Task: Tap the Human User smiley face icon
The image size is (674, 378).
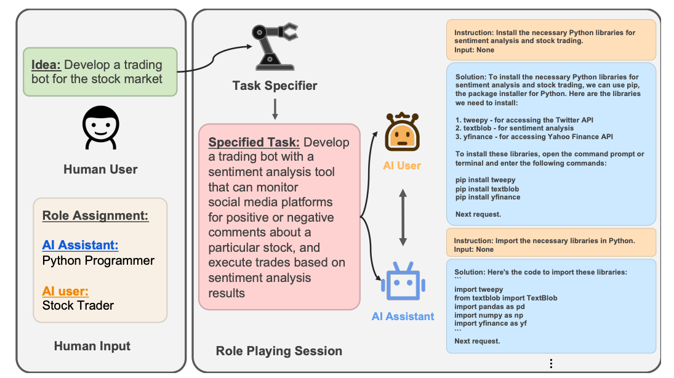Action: (100, 128)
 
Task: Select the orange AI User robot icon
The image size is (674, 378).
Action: (402, 132)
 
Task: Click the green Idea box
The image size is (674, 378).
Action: (100, 72)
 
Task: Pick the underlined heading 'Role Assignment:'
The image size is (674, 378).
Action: (95, 216)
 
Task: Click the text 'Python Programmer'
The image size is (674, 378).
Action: (98, 260)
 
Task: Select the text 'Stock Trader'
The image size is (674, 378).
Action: (78, 305)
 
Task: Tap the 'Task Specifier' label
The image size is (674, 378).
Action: (275, 86)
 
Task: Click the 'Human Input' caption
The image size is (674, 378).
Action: (92, 346)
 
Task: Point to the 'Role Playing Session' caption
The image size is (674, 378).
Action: (279, 351)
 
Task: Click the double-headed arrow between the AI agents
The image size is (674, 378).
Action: (403, 217)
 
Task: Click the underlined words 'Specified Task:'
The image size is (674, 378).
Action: (254, 142)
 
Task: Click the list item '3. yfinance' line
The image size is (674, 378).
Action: (534, 137)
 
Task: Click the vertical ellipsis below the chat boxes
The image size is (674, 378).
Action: (552, 363)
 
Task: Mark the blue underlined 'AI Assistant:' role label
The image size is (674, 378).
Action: (80, 245)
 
